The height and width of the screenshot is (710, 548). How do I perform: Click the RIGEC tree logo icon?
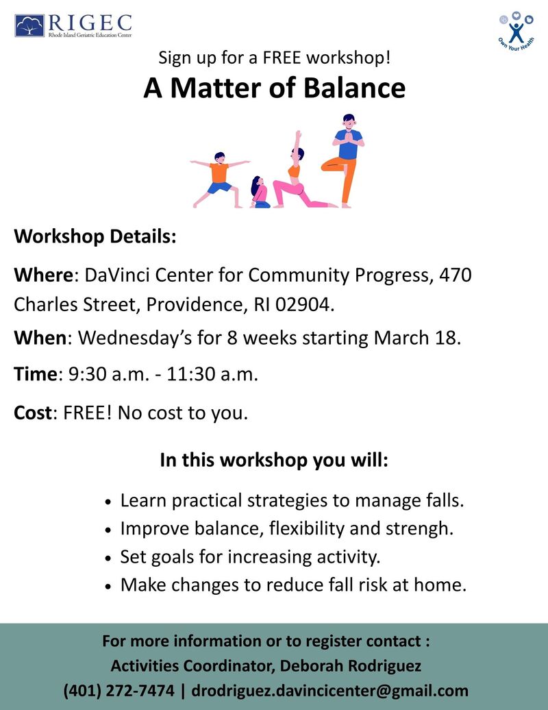29,25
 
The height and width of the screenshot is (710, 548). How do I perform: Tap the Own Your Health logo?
516,31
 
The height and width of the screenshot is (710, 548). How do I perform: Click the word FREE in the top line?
282,58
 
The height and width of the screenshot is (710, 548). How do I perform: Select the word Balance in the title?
354,88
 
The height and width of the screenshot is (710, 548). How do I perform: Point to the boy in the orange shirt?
220,180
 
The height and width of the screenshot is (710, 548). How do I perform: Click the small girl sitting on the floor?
260,192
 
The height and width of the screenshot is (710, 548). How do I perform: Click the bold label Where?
43,275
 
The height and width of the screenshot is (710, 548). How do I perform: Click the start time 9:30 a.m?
109,374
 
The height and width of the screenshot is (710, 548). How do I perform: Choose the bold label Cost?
33,413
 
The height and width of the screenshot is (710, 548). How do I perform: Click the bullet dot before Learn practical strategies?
108,502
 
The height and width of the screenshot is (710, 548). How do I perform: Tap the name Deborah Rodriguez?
350,666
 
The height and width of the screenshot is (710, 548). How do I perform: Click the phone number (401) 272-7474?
119,691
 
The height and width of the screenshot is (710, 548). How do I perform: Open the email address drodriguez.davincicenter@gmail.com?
330,691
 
